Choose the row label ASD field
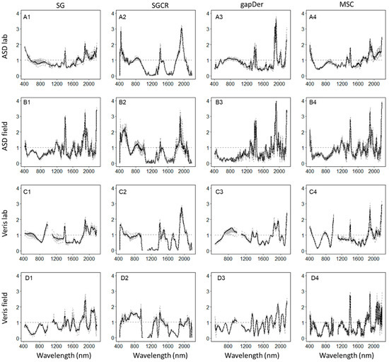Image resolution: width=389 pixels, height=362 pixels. [x=6, y=134]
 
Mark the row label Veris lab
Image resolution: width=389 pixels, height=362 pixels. [x=6, y=221]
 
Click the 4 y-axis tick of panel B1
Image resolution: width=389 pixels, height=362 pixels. [x=17, y=100]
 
